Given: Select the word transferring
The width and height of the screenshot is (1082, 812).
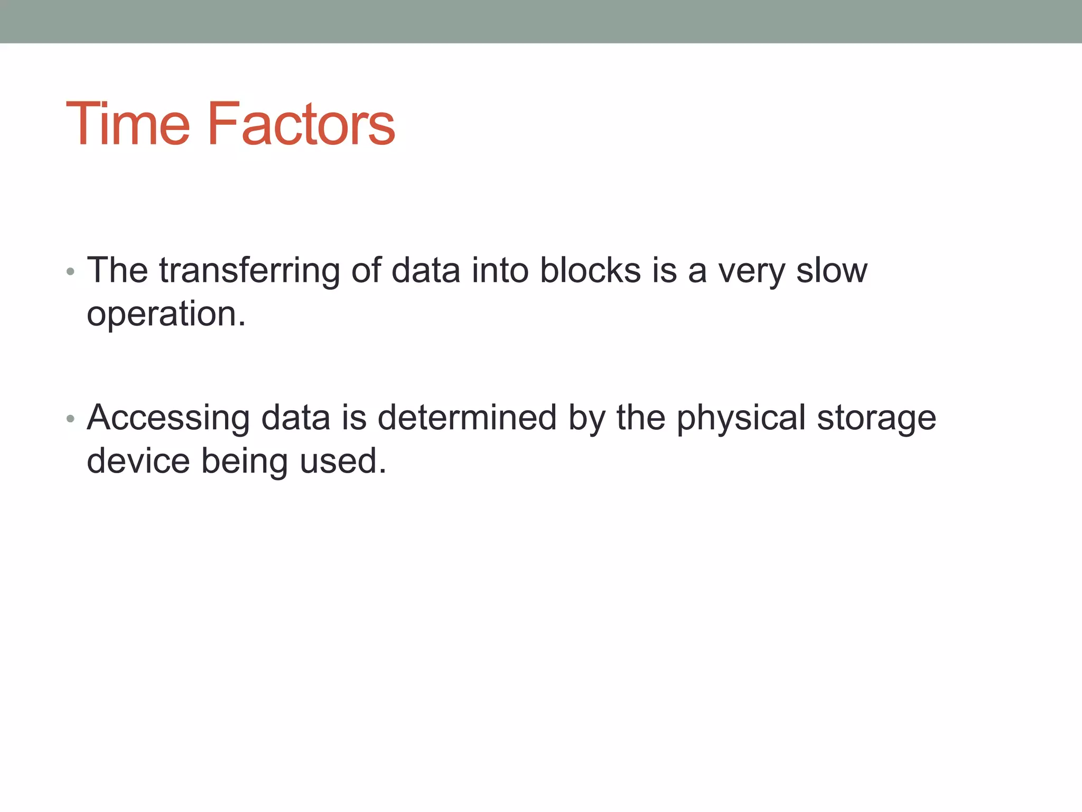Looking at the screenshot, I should coord(249,271).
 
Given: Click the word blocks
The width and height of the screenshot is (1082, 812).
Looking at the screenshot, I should coord(590,271).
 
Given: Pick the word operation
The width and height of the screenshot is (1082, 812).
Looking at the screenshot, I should coord(166,314).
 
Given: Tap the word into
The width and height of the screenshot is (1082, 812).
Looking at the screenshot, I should coord(500,271).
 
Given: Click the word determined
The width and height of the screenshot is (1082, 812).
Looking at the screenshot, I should coord(467,418).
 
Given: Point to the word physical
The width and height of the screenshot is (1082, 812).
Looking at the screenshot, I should coord(741,418).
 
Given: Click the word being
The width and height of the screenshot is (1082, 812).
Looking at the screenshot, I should coord(245,462).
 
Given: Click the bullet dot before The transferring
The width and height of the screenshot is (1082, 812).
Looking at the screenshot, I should coord(71,272).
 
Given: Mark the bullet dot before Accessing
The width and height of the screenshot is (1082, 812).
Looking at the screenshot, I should coord(71,419).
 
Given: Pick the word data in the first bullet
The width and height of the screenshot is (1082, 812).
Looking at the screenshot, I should coord(426,271).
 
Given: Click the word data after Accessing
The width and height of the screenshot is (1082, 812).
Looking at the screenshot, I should coord(296,418).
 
